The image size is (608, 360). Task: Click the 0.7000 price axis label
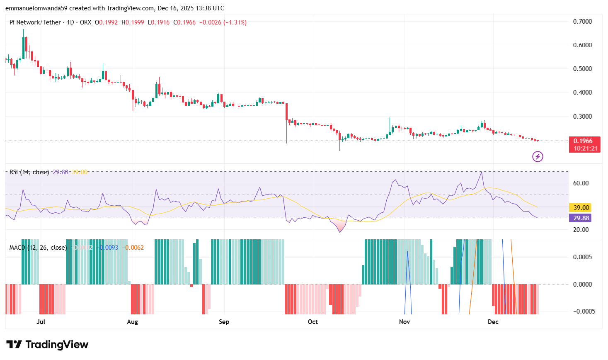582,22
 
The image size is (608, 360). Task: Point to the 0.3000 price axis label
582,117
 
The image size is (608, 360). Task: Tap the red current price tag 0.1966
584,141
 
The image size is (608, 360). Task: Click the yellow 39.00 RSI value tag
581,208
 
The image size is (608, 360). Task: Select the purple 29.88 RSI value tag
581,218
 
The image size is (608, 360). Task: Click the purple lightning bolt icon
538,157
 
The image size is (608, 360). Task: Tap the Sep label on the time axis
224,322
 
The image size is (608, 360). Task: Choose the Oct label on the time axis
313,322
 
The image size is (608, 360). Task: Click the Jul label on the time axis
41,322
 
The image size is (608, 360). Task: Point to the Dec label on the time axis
493,322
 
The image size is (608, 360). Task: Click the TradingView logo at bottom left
47,345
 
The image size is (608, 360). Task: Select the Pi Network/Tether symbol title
35,22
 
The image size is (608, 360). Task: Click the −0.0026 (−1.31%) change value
223,22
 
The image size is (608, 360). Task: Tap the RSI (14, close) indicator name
29,172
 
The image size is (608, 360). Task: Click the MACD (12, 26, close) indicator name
38,248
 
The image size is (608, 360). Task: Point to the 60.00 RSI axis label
581,183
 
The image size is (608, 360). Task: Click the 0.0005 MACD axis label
582,257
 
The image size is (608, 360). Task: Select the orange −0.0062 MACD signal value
134,248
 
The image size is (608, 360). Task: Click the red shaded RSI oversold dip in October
340,226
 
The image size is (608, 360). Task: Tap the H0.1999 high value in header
133,22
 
